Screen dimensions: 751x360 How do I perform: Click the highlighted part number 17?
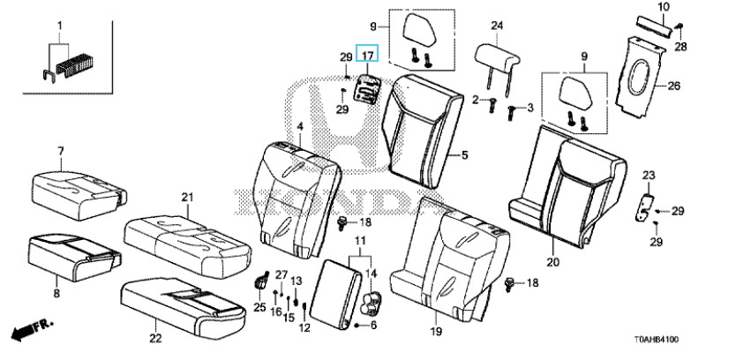[367, 56]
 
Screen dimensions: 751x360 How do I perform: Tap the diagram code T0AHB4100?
[657, 340]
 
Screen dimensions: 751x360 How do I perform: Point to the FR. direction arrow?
[32, 329]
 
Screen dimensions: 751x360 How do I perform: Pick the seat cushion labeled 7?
[79, 194]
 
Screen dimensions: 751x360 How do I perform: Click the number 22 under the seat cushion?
[155, 339]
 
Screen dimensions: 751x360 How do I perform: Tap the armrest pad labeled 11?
[335, 294]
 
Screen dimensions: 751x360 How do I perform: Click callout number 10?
[664, 7]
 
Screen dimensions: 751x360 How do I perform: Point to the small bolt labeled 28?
[680, 26]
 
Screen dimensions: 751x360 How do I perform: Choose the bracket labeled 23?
[645, 206]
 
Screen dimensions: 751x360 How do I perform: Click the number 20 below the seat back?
[552, 262]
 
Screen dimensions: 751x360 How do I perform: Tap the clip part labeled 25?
[260, 280]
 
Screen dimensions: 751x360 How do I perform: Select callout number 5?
[464, 155]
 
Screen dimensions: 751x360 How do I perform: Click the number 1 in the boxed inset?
[60, 25]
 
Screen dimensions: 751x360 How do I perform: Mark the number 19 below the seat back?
[436, 331]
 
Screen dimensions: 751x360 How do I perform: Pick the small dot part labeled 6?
[357, 325]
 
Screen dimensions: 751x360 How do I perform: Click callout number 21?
[187, 197]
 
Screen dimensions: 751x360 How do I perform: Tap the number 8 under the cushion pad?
[56, 293]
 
